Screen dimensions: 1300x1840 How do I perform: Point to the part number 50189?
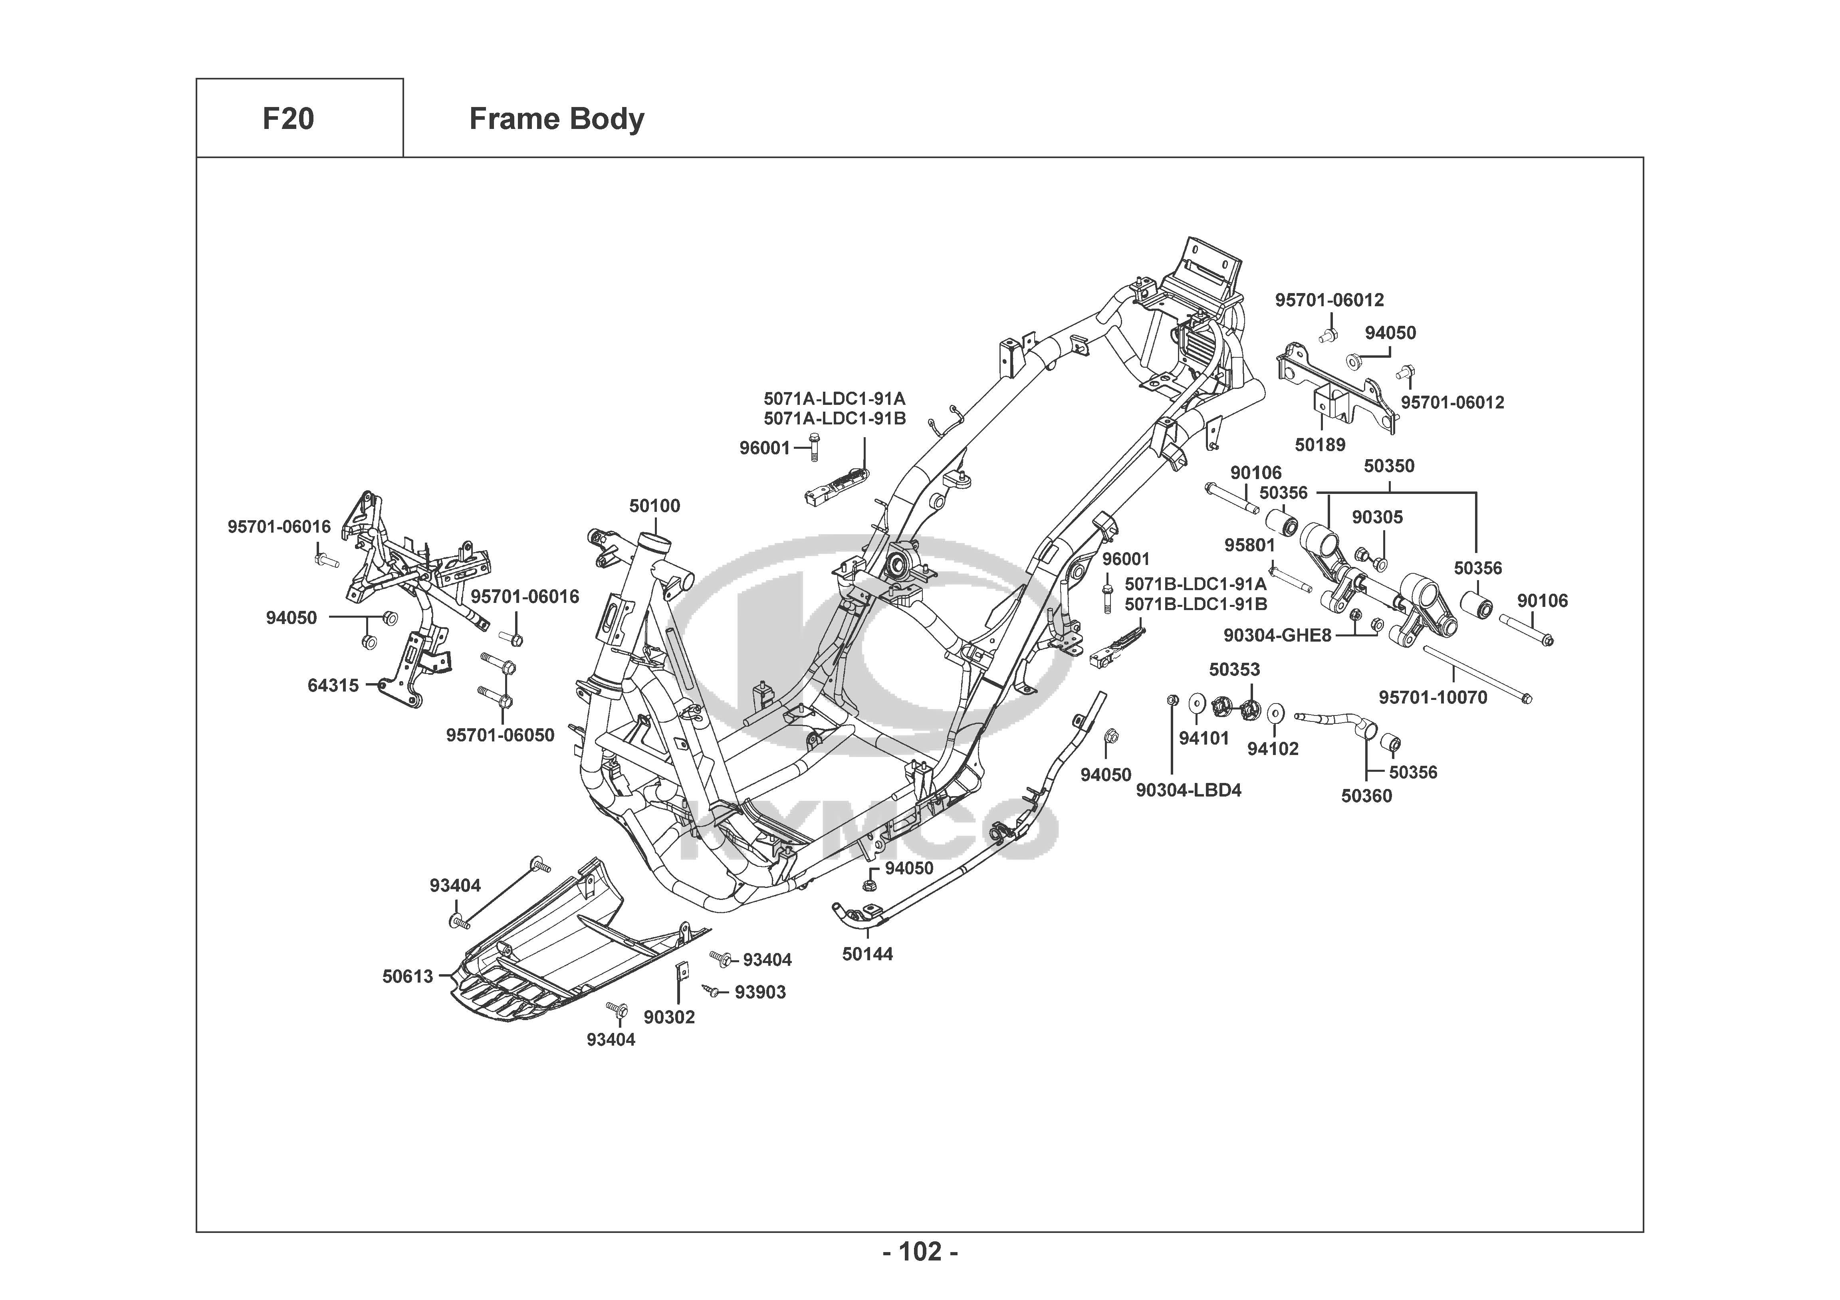[1320, 445]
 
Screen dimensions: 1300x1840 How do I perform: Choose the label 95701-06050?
[500, 735]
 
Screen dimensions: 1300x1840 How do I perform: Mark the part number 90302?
[669, 1017]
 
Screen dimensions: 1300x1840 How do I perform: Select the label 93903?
[760, 992]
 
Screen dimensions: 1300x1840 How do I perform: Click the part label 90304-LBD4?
[1188, 790]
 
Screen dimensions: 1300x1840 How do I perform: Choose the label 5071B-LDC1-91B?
[1196, 604]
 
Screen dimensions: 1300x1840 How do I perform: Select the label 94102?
[1273, 749]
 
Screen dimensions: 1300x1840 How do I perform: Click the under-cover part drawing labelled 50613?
[561, 954]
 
